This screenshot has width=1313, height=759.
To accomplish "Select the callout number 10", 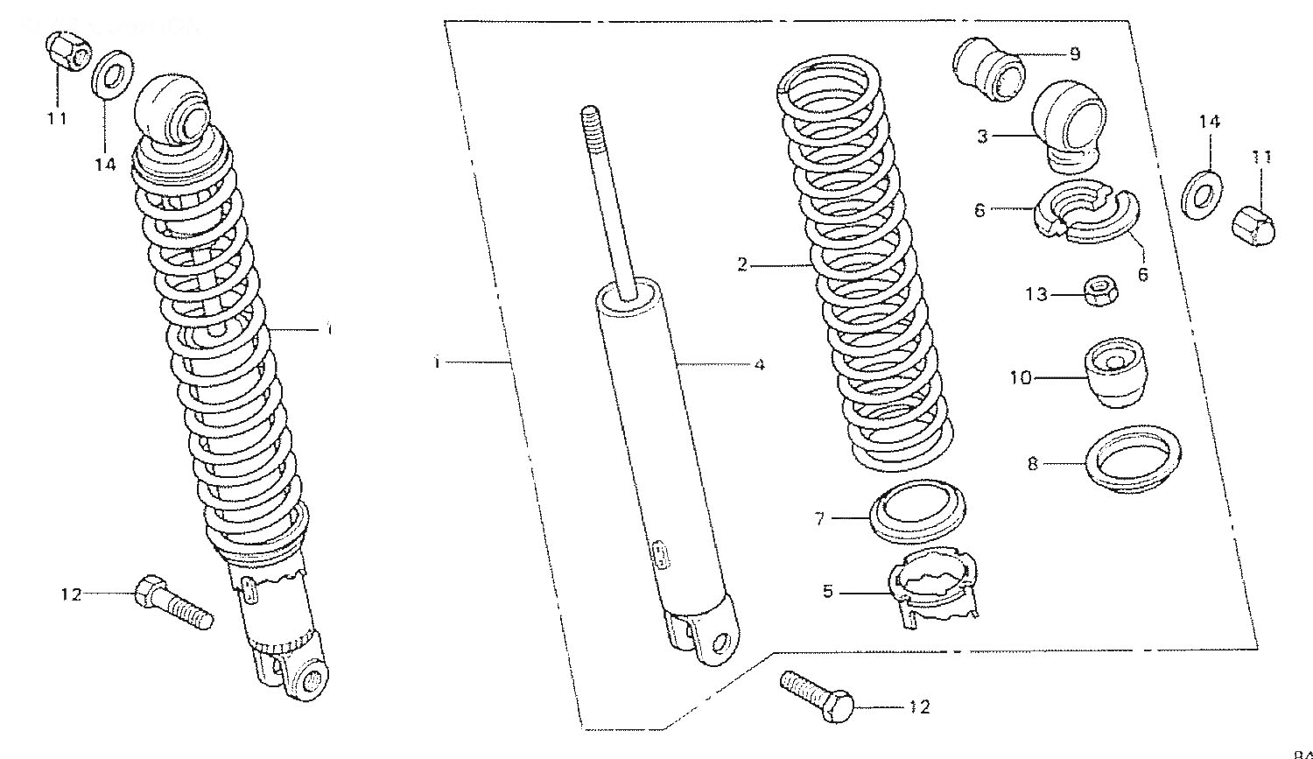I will pos(1021,378).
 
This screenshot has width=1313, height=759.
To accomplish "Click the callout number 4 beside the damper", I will pos(759,364).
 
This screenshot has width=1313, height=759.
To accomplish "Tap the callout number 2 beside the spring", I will pos(741,264).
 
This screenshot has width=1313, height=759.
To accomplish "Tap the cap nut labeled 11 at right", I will pos(1253,224).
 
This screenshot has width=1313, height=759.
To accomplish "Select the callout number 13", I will pos(1036,295).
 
